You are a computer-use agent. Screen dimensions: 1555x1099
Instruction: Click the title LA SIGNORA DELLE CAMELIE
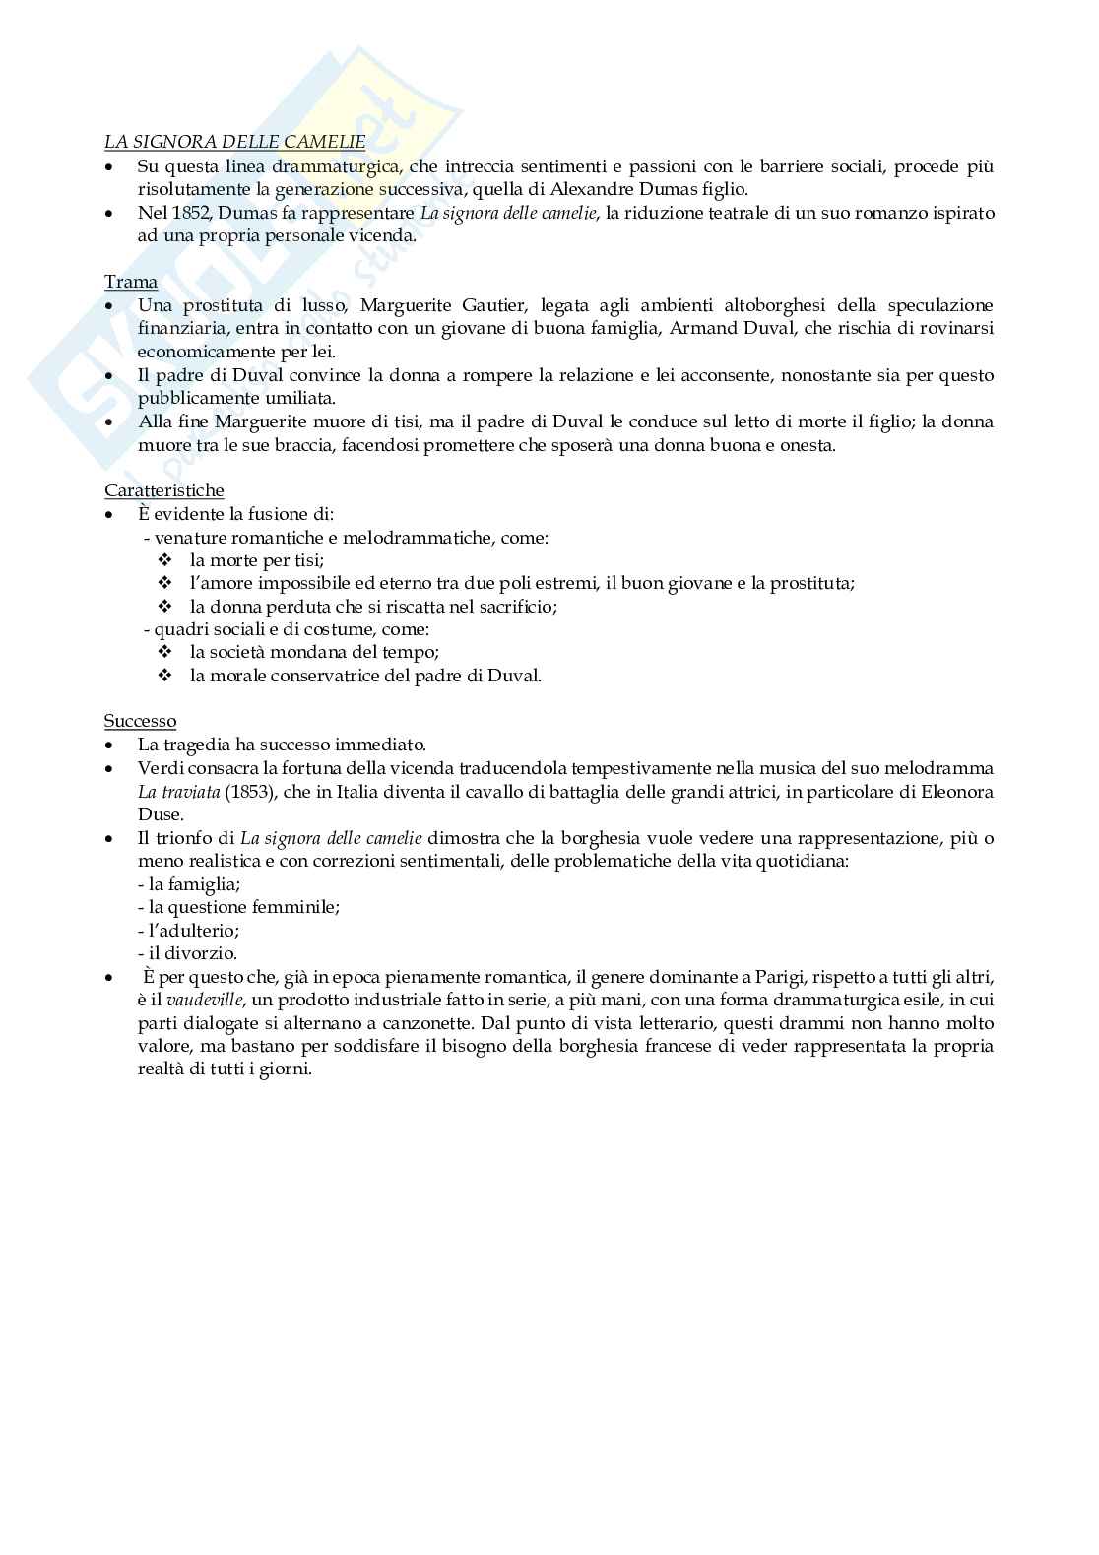click(x=234, y=143)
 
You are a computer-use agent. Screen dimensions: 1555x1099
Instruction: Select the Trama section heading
click(x=131, y=282)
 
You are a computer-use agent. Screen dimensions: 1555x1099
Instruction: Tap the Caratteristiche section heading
click(x=164, y=490)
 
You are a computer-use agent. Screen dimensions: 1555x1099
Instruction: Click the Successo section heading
click(x=140, y=721)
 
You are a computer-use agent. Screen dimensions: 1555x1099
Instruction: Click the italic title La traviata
click(x=169, y=792)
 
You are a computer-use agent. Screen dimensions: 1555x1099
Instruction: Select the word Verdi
click(x=159, y=768)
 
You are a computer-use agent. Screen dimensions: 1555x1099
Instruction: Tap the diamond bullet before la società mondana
click(x=165, y=652)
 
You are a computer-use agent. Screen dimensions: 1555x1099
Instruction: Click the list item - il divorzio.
click(x=187, y=953)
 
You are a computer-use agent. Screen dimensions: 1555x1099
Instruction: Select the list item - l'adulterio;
click(x=188, y=930)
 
